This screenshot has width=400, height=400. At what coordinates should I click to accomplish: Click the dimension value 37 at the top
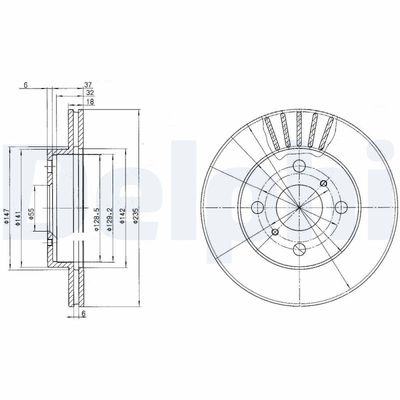click(x=89, y=85)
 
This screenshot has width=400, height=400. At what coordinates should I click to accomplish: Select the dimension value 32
click(x=89, y=93)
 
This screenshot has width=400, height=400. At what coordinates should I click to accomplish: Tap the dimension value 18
click(x=89, y=102)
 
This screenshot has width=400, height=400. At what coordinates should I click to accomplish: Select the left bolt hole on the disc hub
click(x=258, y=207)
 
